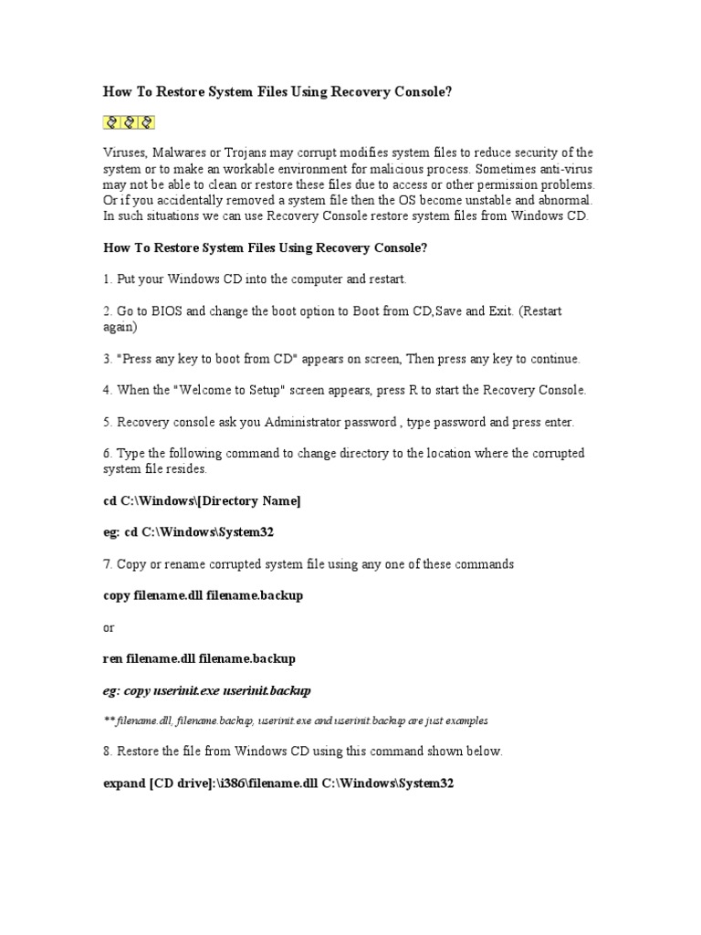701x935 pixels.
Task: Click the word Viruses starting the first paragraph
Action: tap(122, 152)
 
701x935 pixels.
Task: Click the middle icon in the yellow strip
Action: tap(129, 121)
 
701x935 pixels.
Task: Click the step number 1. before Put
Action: tap(107, 278)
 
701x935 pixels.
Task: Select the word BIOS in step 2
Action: tap(166, 310)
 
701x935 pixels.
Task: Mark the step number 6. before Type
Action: tap(107, 453)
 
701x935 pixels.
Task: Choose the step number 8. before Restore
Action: tap(107, 751)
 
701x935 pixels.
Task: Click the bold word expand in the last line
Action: tap(123, 783)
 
